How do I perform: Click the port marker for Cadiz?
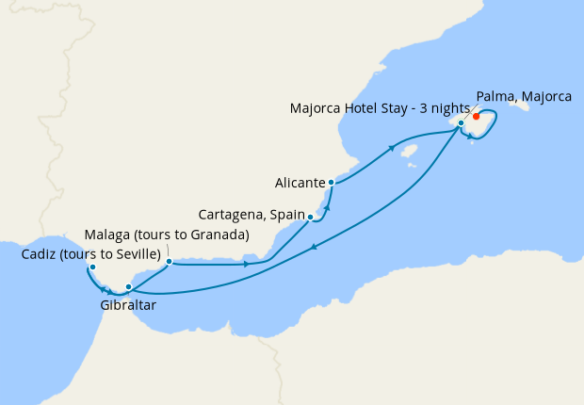[x=91, y=267]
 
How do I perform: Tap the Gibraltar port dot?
[x=128, y=286]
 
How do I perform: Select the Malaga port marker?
[x=169, y=262]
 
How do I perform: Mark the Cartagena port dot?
[x=310, y=217]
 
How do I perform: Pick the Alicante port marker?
[x=331, y=182]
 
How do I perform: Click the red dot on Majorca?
[x=476, y=117]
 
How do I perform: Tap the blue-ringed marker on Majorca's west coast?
[x=462, y=122]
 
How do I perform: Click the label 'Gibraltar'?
[x=127, y=305]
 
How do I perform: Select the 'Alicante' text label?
[x=300, y=182]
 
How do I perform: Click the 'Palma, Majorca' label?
[x=524, y=95]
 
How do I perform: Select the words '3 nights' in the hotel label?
[x=441, y=108]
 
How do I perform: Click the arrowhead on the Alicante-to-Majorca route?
[x=391, y=149]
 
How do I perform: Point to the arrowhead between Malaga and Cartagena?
[x=247, y=264]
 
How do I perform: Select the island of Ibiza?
[x=409, y=151]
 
